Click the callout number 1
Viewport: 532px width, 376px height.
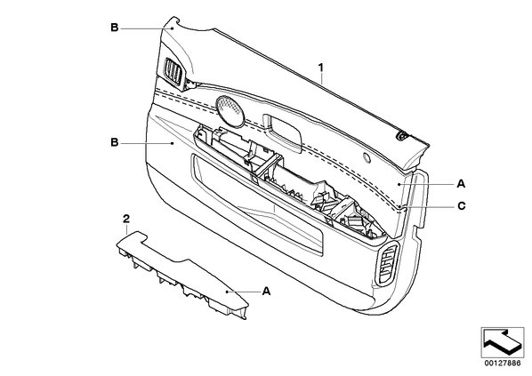point(320,68)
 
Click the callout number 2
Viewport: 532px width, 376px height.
point(125,219)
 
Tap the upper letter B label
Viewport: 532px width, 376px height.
point(115,28)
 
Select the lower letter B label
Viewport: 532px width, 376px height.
point(115,142)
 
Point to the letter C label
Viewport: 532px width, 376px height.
point(462,206)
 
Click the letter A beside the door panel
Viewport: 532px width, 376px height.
point(461,184)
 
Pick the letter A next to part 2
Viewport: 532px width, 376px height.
point(267,291)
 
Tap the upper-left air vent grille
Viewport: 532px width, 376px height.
point(175,71)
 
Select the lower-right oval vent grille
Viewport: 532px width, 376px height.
point(388,264)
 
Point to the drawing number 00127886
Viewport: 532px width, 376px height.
point(502,364)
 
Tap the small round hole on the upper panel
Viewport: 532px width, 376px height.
point(367,157)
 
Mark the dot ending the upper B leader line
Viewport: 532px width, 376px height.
point(172,28)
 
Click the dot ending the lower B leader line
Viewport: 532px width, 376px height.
point(173,143)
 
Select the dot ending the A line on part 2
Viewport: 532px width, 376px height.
point(227,292)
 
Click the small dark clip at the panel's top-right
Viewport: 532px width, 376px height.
point(402,136)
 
